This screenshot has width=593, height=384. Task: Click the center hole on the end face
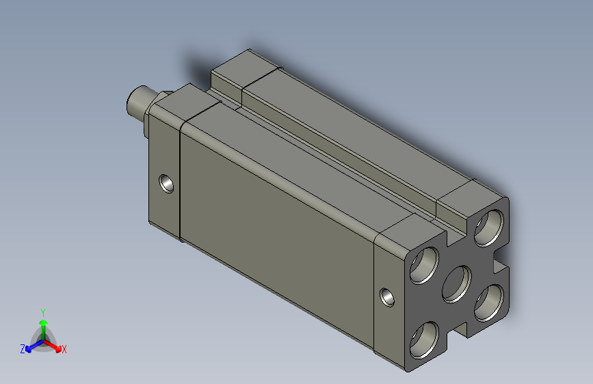pos(457,284)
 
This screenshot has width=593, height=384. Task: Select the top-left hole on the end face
pos(424,265)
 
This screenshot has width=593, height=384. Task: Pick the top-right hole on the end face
pos(489,228)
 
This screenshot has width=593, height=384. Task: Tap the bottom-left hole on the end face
pos(424,340)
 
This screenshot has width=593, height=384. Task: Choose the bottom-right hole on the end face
pos(489,303)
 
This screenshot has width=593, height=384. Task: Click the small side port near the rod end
pos(166,184)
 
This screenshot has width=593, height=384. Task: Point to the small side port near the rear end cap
pos(387,297)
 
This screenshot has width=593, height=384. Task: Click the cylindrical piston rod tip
pos(137,102)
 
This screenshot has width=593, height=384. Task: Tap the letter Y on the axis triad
pos(43,313)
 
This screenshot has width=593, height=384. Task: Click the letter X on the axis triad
pos(64,349)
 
